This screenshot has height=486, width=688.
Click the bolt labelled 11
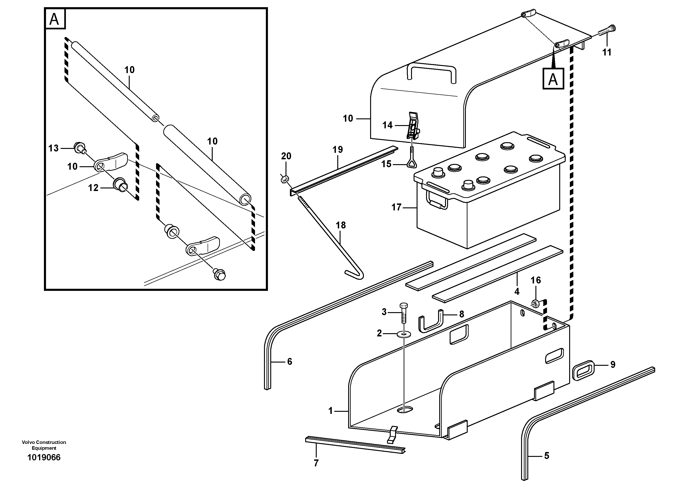coord(605,31)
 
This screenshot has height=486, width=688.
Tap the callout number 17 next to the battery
coord(396,207)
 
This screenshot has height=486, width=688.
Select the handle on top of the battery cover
coord(431,72)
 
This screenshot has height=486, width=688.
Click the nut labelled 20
coord(285,179)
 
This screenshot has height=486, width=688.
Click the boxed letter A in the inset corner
coord(55,19)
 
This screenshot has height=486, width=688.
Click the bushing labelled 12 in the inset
coord(120,185)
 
